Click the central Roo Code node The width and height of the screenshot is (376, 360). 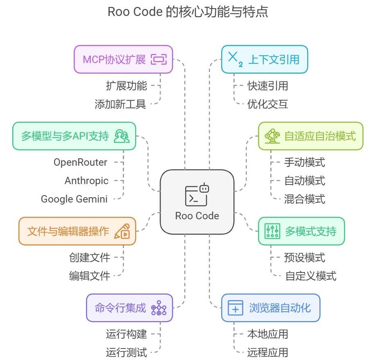197,202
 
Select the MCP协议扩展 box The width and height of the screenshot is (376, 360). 123,59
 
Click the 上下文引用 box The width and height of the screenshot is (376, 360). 264,59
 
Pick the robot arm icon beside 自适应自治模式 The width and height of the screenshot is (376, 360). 272,136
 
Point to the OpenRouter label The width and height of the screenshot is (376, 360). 80,162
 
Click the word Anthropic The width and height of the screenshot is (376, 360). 86,180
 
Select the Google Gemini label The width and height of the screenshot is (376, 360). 74,199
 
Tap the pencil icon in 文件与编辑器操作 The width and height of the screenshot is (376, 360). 122,231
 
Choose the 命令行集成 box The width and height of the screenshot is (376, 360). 129,308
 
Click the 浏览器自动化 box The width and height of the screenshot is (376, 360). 270,308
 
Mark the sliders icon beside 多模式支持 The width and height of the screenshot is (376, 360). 272,232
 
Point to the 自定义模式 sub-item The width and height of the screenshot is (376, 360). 310,276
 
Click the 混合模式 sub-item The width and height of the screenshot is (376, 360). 304,199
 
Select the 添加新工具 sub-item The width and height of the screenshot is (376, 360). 120,104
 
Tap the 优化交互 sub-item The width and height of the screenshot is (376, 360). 267,104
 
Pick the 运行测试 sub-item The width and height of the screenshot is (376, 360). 126,352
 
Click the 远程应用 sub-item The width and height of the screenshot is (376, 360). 267,352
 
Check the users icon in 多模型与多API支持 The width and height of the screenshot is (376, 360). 122,136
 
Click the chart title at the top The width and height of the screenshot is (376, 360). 188,11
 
